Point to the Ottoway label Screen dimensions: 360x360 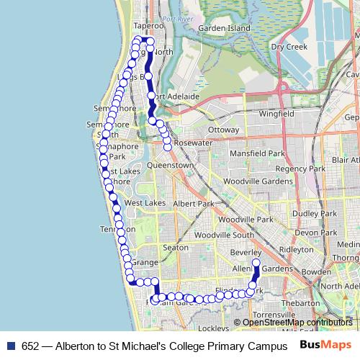[222, 130]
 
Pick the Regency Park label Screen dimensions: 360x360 [285, 168]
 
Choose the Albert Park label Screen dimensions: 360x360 [194, 204]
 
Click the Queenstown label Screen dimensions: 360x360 [170, 165]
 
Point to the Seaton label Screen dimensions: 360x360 [176, 247]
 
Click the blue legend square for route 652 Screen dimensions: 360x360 [10, 345]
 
